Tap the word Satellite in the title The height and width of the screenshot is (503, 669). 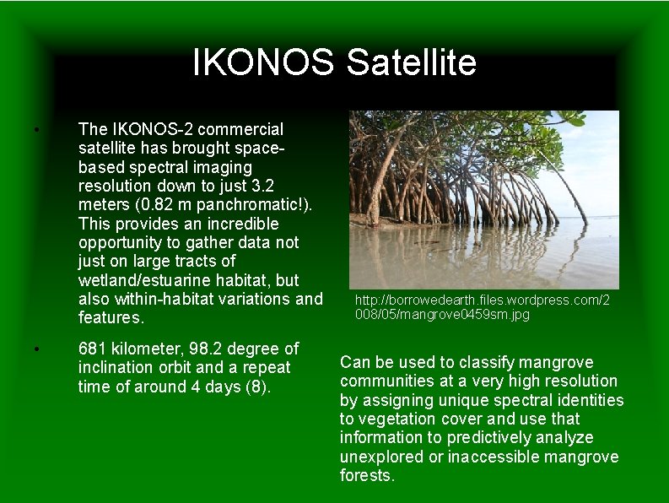click(x=411, y=62)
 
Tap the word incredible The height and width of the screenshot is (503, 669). click(x=238, y=224)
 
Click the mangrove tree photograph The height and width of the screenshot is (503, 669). click(x=483, y=200)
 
